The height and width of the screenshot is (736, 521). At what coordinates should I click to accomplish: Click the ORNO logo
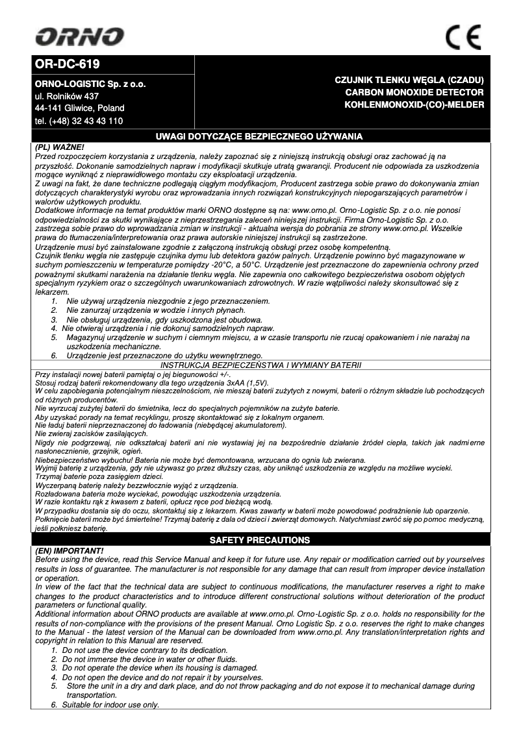click(80, 37)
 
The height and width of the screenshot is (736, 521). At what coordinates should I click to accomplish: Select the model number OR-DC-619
click(68, 65)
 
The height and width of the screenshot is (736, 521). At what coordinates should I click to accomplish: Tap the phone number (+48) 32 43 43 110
click(79, 121)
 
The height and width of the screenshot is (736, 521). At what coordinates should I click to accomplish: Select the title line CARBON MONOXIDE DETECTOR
click(414, 92)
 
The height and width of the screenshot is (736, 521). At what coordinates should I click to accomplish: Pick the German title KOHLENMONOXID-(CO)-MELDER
click(414, 104)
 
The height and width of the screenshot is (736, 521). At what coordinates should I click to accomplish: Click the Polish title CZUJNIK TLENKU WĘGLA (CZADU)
click(409, 80)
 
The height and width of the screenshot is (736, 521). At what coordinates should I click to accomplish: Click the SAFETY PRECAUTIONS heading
click(259, 540)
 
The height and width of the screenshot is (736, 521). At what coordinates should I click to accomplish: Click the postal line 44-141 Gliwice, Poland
click(79, 108)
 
